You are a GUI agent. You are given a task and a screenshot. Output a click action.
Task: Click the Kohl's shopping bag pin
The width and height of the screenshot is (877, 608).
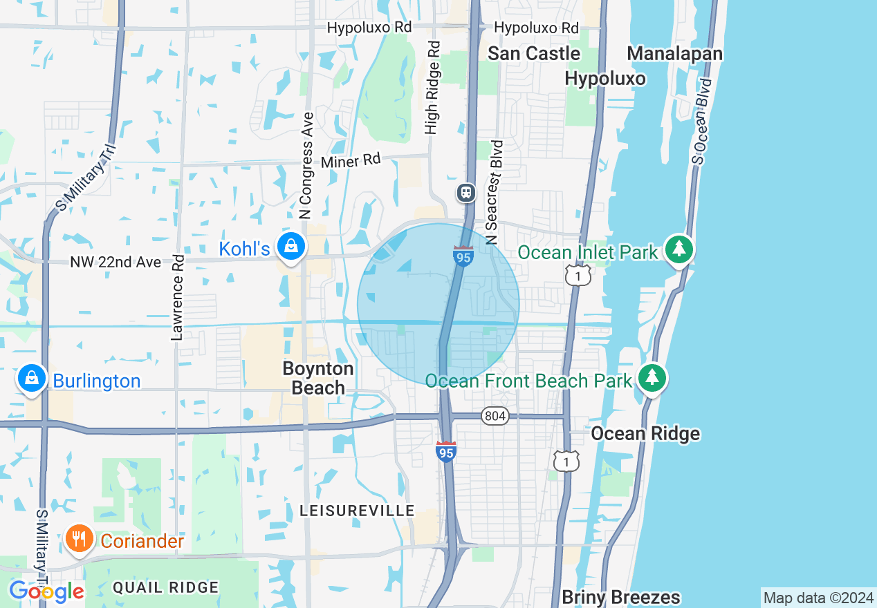pos(291,246)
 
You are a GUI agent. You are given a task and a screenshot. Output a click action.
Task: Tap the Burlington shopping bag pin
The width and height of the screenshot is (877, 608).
pos(32,379)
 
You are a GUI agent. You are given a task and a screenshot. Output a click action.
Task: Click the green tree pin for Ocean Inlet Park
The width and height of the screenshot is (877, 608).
pos(679,249)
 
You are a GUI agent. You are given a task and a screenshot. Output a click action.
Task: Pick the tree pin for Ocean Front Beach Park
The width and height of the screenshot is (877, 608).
pos(652,378)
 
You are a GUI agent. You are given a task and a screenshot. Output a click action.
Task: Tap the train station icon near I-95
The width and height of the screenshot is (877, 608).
pos(467,193)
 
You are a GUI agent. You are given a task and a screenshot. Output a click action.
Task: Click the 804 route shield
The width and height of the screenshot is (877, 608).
pos(495,416)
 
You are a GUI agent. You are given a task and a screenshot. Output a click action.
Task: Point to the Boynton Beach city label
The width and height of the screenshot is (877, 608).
pos(318,378)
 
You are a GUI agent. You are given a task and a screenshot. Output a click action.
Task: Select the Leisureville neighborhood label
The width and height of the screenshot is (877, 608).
pos(357,511)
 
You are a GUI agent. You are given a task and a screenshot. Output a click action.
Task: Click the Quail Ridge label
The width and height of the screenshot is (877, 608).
pos(165,587)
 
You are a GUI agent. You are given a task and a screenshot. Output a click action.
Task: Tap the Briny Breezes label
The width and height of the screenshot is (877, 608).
pos(620,596)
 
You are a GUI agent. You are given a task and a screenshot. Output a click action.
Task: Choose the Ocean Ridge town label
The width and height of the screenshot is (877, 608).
pos(645,434)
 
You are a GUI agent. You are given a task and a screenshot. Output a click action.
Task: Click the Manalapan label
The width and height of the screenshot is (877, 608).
pos(674,54)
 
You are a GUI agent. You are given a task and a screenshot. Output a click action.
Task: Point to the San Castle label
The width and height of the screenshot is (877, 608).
pos(534,53)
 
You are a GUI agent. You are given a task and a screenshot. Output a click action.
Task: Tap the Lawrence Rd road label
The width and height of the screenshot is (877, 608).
pos(177,298)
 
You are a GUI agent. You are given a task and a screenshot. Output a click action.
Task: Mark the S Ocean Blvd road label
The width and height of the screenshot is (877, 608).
pos(701,122)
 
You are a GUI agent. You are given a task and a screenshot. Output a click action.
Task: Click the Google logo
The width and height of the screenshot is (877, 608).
pos(46,591)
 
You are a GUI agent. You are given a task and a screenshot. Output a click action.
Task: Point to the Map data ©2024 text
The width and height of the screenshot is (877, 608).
pos(818,598)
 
